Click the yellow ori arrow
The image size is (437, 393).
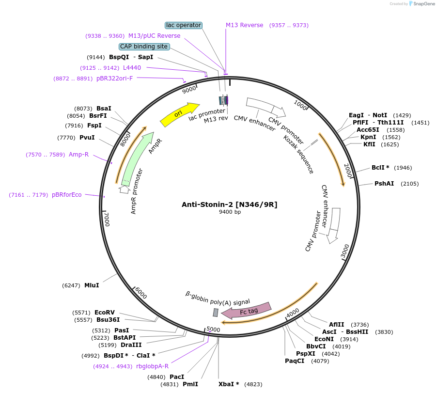pyautogui.click(x=179, y=114)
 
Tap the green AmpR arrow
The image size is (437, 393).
pyautogui.click(x=138, y=158)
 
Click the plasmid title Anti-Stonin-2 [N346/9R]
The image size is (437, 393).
pyautogui.click(x=230, y=204)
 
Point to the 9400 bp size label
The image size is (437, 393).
pyautogui.click(x=230, y=212)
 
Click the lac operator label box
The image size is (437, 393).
pyautogui.click(x=184, y=25)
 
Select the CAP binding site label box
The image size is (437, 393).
pyautogui.click(x=144, y=47)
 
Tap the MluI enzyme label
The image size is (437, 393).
pyautogui.click(x=92, y=285)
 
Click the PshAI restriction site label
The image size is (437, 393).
pyautogui.click(x=384, y=184)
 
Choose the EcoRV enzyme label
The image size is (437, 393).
pyautogui.click(x=105, y=313)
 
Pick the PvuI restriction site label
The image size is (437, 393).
pyautogui.click(x=87, y=138)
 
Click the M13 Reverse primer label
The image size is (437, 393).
pyautogui.click(x=244, y=25)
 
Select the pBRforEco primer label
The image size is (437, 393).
pyautogui.click(x=67, y=195)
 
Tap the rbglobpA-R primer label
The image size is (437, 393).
pyautogui.click(x=152, y=366)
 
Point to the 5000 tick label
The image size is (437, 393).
pyautogui.click(x=213, y=330)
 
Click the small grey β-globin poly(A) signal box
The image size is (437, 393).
pyautogui.click(x=216, y=313)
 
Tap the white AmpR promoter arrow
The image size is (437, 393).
pyautogui.click(x=124, y=190)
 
